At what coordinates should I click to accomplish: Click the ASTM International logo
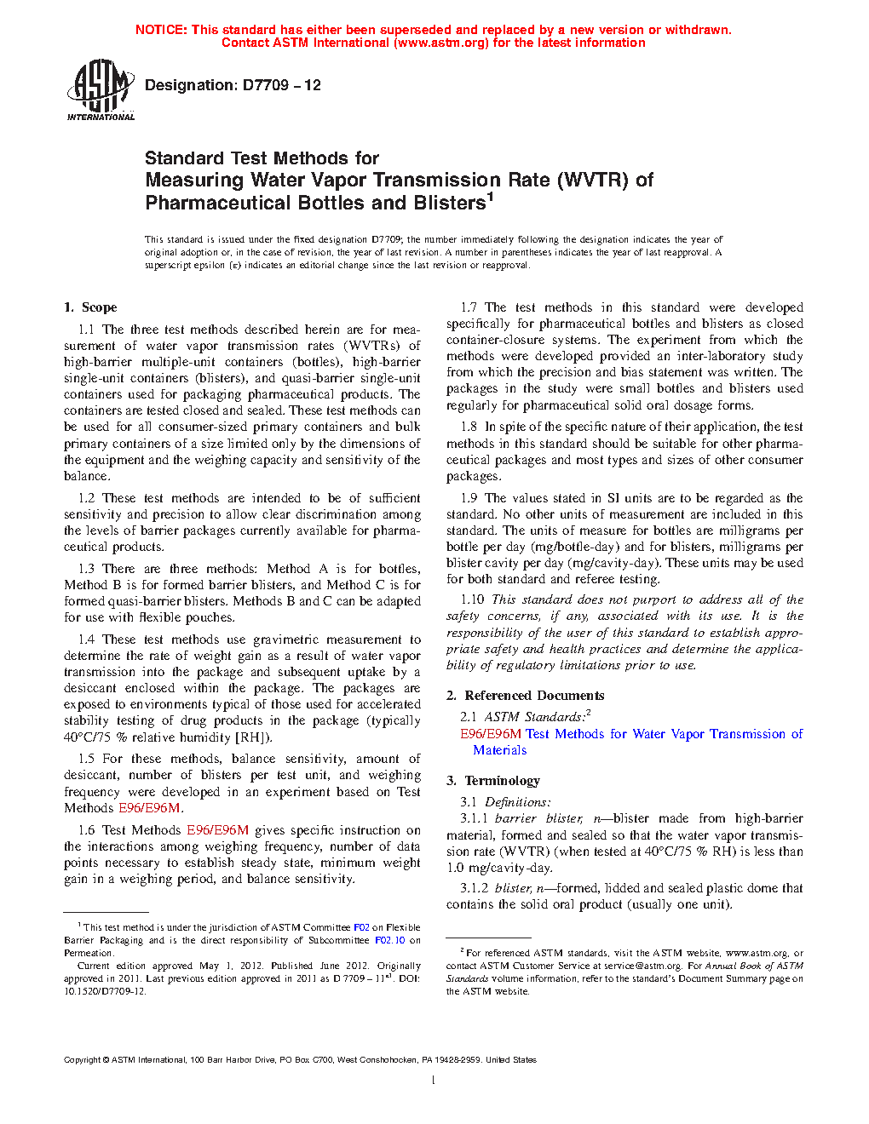point(100,89)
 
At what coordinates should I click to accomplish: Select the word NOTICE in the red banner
point(161,30)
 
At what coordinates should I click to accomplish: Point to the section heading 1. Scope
point(90,307)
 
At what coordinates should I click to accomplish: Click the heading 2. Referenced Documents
point(525,696)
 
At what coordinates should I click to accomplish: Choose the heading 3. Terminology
point(493,781)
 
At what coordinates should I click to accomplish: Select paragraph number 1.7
point(469,307)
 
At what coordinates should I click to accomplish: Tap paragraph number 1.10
point(472,599)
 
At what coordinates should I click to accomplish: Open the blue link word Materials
point(500,750)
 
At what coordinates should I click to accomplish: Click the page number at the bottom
point(434,1081)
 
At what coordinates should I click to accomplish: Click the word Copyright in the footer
point(82,1060)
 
